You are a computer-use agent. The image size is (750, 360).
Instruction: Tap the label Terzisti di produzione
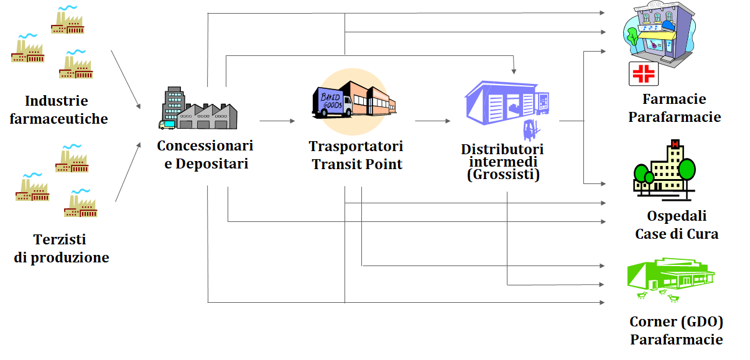click(x=61, y=248)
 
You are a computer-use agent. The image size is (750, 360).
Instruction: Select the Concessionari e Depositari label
click(x=205, y=155)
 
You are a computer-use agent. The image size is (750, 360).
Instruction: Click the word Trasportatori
click(x=356, y=146)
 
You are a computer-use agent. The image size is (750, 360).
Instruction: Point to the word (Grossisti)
click(x=503, y=175)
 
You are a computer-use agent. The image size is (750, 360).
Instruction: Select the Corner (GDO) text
click(x=676, y=321)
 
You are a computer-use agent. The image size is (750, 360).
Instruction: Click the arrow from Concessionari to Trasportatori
click(x=277, y=121)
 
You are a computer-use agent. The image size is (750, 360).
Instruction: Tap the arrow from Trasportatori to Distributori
click(x=433, y=121)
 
